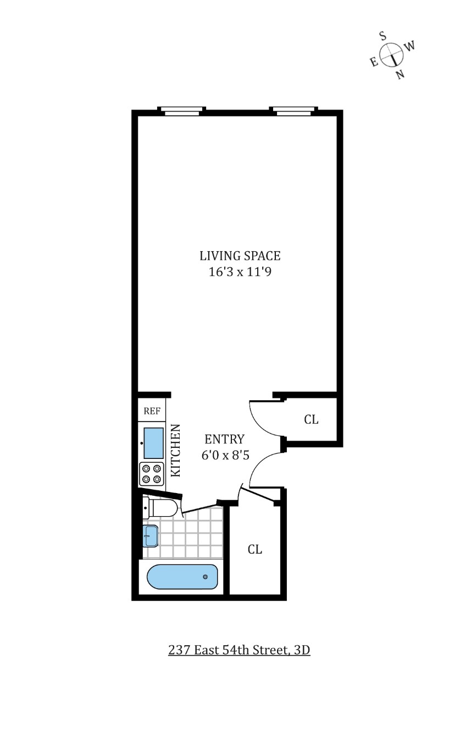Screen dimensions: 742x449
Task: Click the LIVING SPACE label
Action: coord(240,256)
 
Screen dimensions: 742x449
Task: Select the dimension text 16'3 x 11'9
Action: coord(240,272)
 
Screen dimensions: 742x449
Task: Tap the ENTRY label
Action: coord(224,439)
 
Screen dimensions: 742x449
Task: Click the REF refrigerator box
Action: coord(151,411)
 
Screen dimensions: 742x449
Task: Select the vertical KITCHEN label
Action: coord(176,450)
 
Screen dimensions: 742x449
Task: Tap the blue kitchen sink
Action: coord(153,443)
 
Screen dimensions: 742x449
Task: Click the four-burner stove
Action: coord(152,474)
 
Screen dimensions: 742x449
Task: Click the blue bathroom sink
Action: coord(151,535)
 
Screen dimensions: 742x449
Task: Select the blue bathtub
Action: coord(182,577)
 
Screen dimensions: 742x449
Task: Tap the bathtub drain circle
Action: coord(206,577)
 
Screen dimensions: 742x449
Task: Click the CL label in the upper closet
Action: coord(311,419)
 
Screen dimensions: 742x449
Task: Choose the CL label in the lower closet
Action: coord(254,549)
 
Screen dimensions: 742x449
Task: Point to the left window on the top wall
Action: coord(181,111)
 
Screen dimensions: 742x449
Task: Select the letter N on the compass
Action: coord(400,75)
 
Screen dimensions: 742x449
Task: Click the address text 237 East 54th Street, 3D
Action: coord(239,650)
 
